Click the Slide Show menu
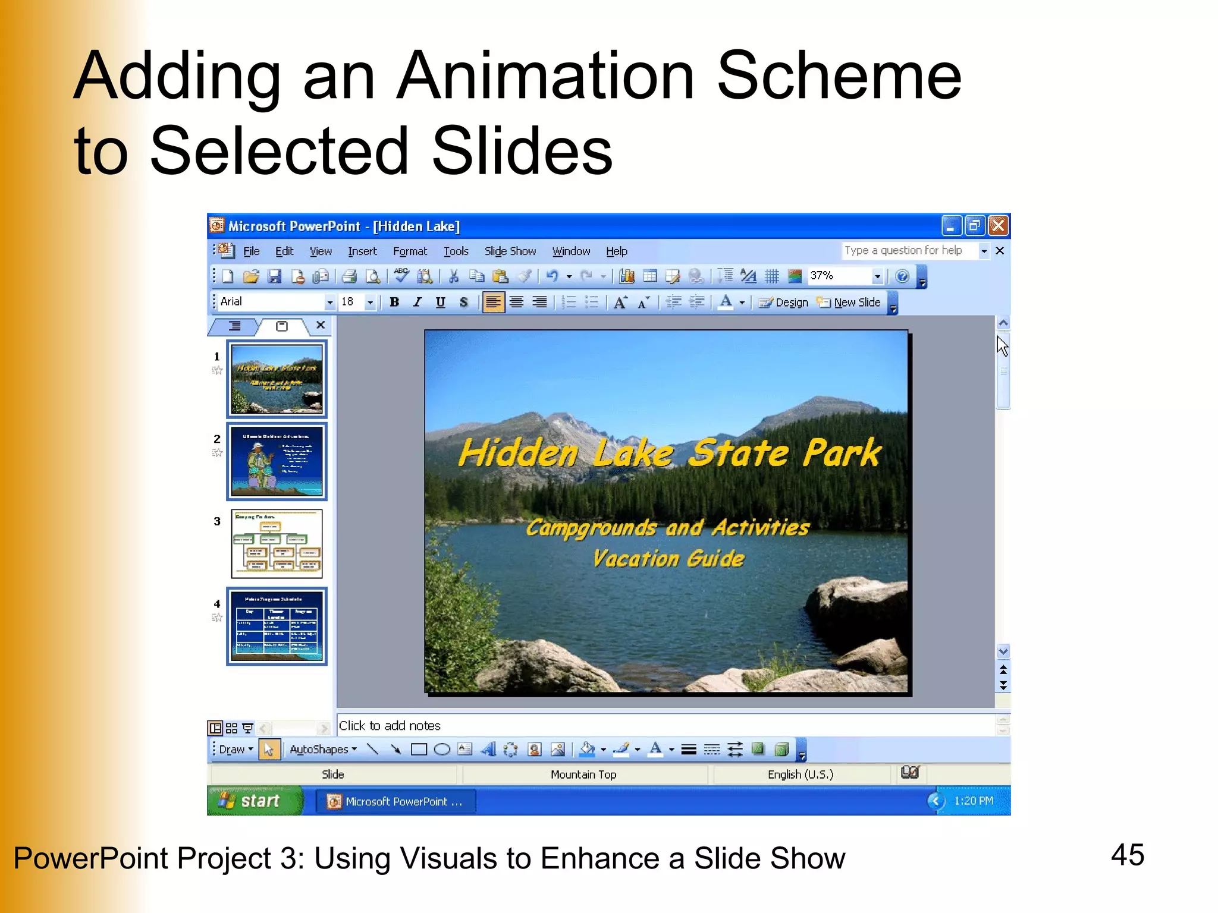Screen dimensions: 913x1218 pyautogui.click(x=510, y=251)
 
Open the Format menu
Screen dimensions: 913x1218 pyautogui.click(x=410, y=251)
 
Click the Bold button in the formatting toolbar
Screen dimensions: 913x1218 pyautogui.click(x=394, y=303)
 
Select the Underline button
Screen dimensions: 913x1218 pyautogui.click(x=440, y=303)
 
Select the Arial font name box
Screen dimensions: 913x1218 pyautogui.click(x=271, y=302)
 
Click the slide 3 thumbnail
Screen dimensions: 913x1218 pyautogui.click(x=277, y=544)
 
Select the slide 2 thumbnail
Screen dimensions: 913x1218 pyautogui.click(x=277, y=462)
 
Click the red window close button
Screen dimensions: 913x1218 pyautogui.click(x=998, y=226)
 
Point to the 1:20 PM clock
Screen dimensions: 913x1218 pyautogui.click(x=973, y=801)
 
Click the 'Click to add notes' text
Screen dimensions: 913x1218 pyautogui.click(x=390, y=726)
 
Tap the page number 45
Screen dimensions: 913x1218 pyautogui.click(x=1127, y=855)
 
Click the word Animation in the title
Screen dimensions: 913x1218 pyautogui.click(x=545, y=76)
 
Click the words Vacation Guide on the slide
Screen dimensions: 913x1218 pyautogui.click(x=668, y=559)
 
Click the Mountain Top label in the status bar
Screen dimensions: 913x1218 pyautogui.click(x=583, y=775)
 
